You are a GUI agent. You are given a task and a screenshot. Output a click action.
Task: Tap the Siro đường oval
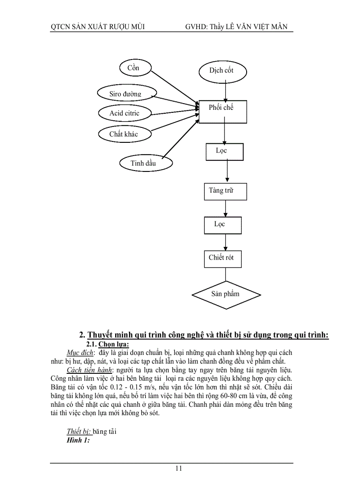click(x=126, y=93)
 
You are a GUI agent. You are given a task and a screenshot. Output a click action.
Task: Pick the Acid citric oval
click(x=125, y=113)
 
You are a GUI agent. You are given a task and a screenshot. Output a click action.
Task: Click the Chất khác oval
click(x=124, y=134)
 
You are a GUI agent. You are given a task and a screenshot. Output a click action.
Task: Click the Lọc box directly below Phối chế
click(x=224, y=152)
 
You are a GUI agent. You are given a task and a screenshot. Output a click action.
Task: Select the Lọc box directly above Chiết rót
click(x=222, y=225)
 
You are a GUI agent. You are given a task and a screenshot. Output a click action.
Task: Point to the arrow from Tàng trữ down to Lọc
click(x=225, y=208)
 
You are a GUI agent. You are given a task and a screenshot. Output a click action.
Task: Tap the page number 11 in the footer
click(x=179, y=469)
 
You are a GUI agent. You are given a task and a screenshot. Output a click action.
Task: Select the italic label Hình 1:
click(x=79, y=439)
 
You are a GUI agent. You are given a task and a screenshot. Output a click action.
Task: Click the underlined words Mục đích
click(x=80, y=353)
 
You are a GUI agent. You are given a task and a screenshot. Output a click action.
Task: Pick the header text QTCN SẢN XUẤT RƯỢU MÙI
click(x=97, y=27)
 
